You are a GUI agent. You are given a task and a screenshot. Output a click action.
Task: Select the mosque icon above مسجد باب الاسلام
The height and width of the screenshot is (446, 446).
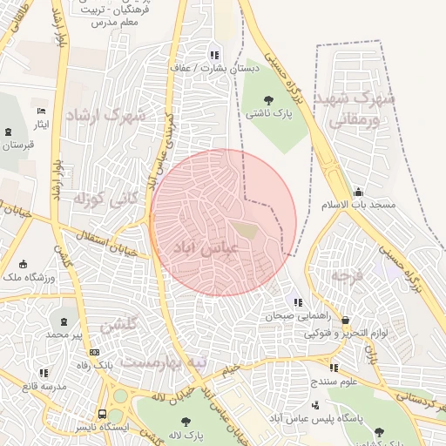[358, 191]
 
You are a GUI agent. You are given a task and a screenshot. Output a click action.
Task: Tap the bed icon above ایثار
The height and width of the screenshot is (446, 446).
[41, 111]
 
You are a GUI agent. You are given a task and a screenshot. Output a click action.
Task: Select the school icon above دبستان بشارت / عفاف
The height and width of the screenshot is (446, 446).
[213, 55]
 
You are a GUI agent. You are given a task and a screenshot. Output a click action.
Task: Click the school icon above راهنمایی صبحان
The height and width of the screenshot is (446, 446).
[299, 302]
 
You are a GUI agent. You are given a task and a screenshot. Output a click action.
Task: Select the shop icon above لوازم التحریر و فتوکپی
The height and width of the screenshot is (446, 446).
[346, 320]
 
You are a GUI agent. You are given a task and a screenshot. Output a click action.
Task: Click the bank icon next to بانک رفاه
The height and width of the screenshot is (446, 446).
[94, 352]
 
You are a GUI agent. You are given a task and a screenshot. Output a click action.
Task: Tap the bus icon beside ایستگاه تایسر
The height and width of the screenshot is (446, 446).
[102, 415]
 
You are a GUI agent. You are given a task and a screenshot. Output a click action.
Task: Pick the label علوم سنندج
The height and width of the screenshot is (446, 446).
[334, 381]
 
